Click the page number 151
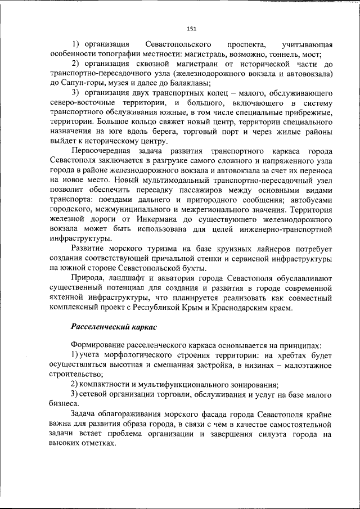(191, 29)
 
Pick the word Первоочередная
(101, 152)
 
